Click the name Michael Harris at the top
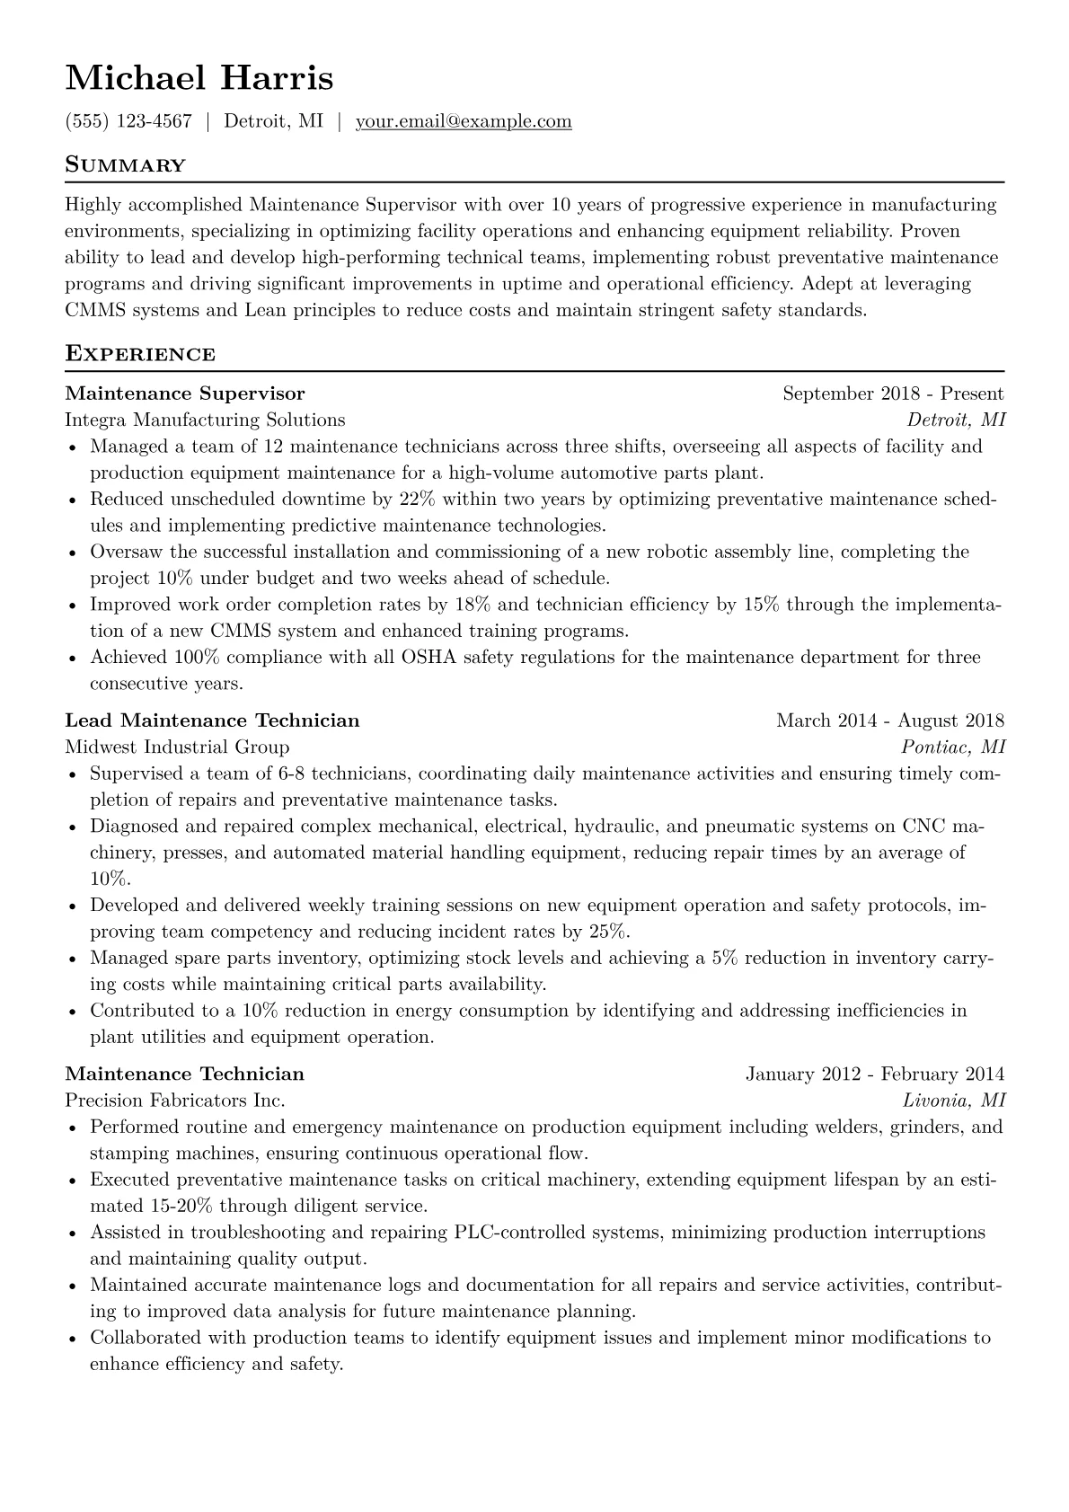(x=199, y=78)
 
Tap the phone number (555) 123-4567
(x=128, y=121)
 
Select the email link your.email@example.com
(x=464, y=121)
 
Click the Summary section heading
(x=125, y=165)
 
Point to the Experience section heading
(x=140, y=354)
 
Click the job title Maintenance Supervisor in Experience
(x=185, y=393)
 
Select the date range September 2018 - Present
(x=893, y=393)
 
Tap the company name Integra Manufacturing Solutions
(x=205, y=420)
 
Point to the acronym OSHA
(x=428, y=658)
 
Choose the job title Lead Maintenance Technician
(x=212, y=721)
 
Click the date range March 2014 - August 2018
(x=889, y=721)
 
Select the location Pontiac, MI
(x=953, y=747)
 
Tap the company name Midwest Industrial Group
(x=177, y=747)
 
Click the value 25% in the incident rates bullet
(x=608, y=932)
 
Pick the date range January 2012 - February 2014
(x=874, y=1074)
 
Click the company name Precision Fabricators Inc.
(x=175, y=1101)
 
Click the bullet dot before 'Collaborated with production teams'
(x=72, y=1340)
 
